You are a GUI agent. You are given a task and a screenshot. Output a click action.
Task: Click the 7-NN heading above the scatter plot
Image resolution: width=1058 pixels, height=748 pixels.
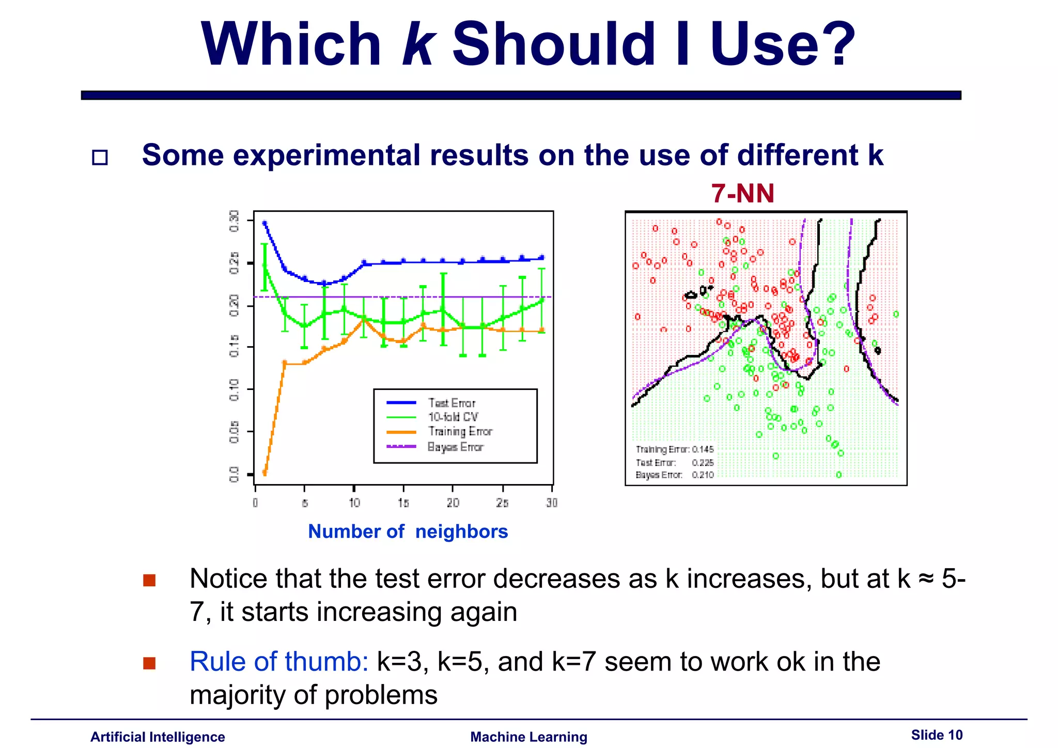pos(742,194)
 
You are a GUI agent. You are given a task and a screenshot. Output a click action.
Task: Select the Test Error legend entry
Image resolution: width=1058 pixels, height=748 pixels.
pos(451,403)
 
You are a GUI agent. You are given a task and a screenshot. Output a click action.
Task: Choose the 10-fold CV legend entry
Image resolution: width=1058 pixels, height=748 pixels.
pos(453,417)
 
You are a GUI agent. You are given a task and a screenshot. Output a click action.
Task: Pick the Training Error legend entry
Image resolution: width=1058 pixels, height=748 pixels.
pos(460,431)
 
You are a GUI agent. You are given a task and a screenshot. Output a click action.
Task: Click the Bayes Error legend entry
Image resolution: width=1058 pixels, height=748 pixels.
pos(455,447)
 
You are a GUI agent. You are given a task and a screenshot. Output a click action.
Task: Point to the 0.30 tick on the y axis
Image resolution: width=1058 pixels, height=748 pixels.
pos(235,221)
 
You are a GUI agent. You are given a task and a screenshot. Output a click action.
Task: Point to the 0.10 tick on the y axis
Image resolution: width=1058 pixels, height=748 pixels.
pos(235,389)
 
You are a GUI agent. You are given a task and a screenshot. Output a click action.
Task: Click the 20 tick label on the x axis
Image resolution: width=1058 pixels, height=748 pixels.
pos(453,503)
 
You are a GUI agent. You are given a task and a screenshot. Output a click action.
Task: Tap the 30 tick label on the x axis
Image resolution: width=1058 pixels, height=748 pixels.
pos(552,503)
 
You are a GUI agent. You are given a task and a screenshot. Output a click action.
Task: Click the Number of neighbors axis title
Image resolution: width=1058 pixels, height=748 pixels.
pos(408,532)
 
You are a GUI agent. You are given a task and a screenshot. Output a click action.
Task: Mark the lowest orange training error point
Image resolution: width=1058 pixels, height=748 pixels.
pos(264,472)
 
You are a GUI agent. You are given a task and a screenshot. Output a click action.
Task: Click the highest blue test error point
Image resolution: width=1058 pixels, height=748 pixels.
pos(264,223)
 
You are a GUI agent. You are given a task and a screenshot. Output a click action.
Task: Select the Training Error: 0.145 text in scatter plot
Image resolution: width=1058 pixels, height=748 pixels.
pos(674,449)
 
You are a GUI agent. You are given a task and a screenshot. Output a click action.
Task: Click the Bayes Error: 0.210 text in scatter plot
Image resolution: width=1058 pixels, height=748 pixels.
pos(674,475)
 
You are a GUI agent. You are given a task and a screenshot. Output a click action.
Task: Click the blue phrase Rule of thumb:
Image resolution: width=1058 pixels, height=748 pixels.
pos(278,661)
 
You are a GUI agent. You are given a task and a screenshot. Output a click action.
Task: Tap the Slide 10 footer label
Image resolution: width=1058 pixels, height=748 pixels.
pos(937,735)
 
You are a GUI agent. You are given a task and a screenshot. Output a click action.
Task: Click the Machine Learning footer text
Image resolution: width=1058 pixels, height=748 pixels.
pos(528,737)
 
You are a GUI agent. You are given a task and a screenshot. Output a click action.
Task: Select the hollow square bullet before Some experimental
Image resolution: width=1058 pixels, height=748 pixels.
pos(100,157)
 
